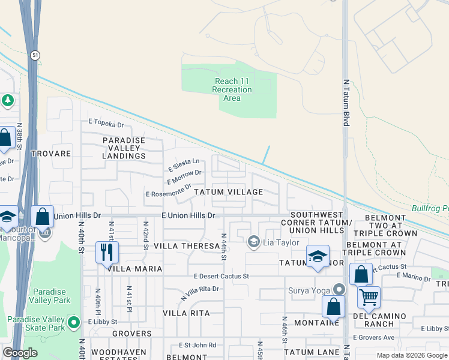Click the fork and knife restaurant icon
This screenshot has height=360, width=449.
coord(107,252)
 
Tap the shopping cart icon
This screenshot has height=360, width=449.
coord(369,296)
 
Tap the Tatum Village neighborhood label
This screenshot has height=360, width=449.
coord(228,192)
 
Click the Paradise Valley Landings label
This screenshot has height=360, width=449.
coord(124,148)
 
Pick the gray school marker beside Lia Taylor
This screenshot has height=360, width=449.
coord(254,241)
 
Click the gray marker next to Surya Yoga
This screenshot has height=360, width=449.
coord(340,289)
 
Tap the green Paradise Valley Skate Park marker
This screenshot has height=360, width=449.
coord(74,323)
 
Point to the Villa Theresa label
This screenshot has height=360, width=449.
coord(187,246)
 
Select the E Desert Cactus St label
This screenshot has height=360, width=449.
coord(221,277)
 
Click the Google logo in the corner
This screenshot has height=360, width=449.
coord(20,353)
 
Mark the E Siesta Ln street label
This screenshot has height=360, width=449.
coord(184,163)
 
